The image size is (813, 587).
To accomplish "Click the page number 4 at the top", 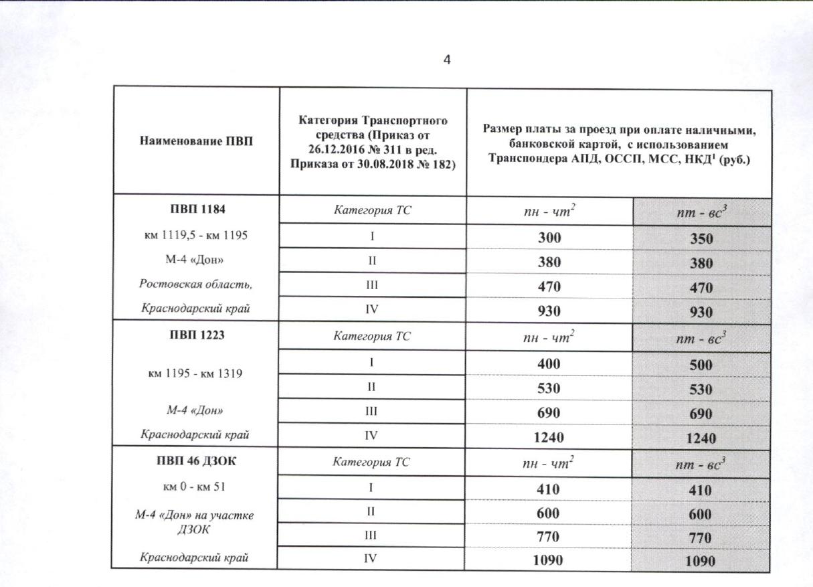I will [x=447, y=60].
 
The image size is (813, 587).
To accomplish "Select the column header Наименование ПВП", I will [x=197, y=141].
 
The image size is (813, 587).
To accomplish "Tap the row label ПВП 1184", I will [x=196, y=209].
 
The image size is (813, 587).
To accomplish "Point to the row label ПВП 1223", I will [x=196, y=335].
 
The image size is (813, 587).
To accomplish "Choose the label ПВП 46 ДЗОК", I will [x=196, y=462].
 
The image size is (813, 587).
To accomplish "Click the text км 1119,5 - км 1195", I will [x=196, y=234].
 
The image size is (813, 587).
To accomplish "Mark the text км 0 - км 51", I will [x=196, y=486].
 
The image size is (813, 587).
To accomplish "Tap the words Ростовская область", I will [x=196, y=284].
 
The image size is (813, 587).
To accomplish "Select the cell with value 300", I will [x=549, y=238].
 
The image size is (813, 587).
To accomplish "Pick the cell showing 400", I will [x=549, y=363].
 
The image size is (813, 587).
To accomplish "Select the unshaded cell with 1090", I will [x=549, y=560].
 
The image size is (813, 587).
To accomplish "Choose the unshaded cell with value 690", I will [x=549, y=412].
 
